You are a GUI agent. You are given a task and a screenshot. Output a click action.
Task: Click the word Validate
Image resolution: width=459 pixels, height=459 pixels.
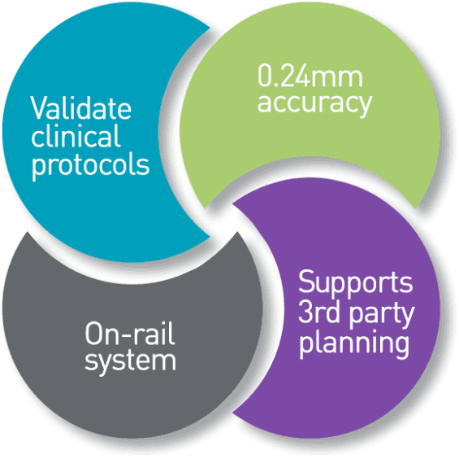point(81,107)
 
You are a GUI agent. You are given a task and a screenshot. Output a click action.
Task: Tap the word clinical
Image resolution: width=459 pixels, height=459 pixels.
point(76,135)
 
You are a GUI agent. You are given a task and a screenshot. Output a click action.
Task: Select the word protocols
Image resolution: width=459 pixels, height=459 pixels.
point(91,166)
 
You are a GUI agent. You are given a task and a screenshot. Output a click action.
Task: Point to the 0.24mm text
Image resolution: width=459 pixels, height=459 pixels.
point(310,76)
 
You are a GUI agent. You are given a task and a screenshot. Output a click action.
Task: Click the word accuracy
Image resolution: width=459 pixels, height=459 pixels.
point(314,104)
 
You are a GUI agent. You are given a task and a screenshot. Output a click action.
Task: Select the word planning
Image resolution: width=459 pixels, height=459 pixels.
point(354,344)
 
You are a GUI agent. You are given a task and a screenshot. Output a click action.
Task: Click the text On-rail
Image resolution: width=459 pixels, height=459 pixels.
point(130,334)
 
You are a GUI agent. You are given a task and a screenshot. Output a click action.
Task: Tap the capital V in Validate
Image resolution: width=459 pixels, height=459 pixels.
point(39,107)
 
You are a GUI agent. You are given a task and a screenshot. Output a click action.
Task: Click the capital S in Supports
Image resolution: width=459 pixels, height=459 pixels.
point(306,282)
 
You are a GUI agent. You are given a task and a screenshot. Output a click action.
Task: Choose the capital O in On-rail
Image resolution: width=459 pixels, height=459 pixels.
point(93,334)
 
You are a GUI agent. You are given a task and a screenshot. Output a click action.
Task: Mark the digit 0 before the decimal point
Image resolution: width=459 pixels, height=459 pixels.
point(265,76)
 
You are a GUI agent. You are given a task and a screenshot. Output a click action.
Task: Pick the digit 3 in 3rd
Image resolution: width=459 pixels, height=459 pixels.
point(305,311)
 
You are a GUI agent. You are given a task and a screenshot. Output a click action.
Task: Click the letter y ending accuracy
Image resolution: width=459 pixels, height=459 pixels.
point(364,107)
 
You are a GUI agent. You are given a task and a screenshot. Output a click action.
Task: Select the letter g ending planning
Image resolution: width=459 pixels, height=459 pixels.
point(401,348)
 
